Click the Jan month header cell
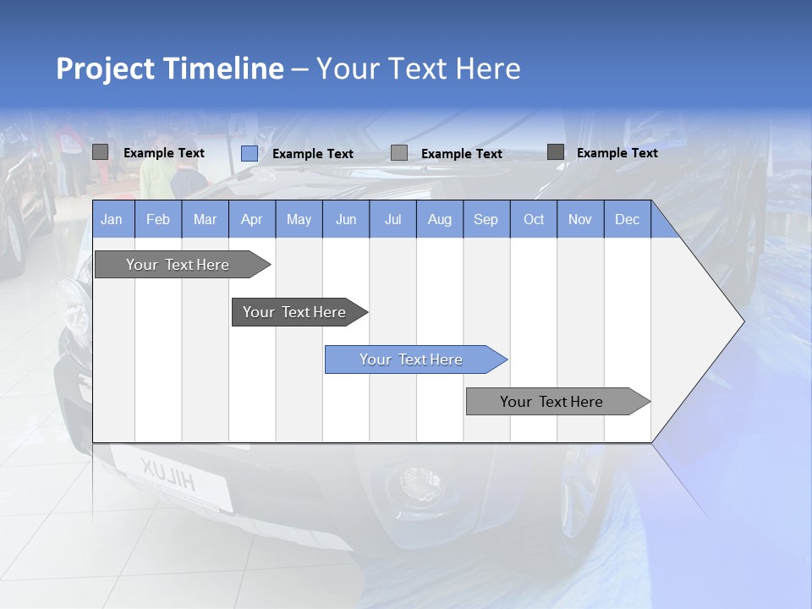click(x=112, y=219)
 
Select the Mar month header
click(x=205, y=219)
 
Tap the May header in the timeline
click(x=299, y=219)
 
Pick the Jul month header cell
click(x=392, y=219)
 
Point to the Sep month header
click(x=486, y=219)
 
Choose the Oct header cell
click(x=534, y=219)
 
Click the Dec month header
click(x=627, y=219)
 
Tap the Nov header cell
click(x=580, y=219)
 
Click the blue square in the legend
click(x=249, y=153)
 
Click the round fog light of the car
click(x=412, y=483)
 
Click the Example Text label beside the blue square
click(x=312, y=154)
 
